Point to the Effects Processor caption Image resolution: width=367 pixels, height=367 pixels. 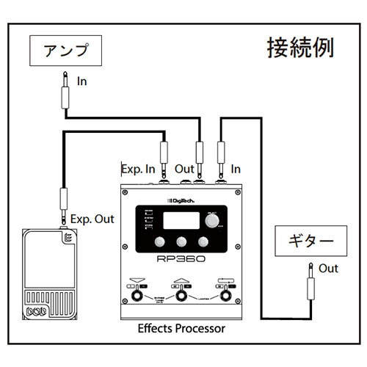pos(181,328)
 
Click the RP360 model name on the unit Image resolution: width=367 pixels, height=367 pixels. pos(181,260)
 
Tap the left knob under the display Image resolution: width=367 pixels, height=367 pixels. pos(159,244)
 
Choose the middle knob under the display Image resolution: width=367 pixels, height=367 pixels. pos(181,244)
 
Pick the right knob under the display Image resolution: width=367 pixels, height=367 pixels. pos(203,244)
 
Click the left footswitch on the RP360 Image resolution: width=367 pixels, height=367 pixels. pos(137,297)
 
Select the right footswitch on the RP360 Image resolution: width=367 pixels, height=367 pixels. pos(224,297)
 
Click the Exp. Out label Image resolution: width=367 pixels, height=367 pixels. pos(92,218)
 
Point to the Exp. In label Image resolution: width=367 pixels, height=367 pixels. pos(139,169)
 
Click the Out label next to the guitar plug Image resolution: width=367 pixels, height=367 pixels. pos(329,269)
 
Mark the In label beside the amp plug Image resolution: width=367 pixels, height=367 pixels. pos(82,81)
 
